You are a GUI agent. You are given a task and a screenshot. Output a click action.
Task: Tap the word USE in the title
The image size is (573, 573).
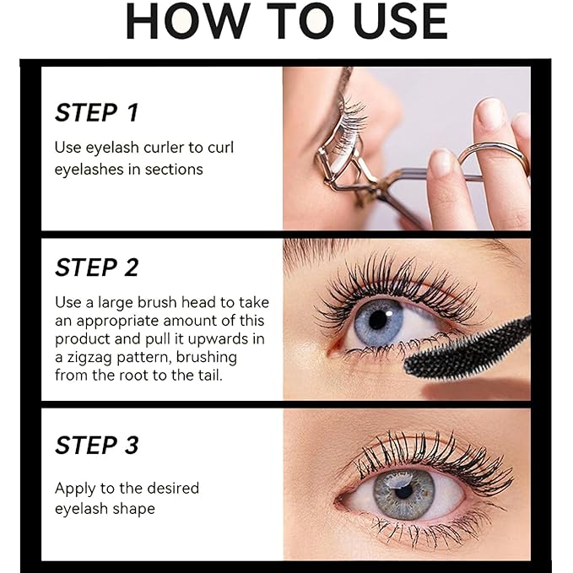[x=391, y=22]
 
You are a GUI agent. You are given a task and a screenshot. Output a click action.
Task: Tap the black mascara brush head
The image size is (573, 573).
[x=468, y=346]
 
